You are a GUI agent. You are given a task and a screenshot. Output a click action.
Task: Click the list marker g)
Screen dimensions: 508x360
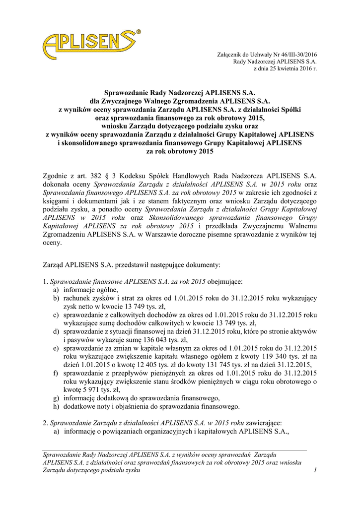(56, 398)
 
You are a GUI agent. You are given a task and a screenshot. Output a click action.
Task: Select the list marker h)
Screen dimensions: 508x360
(56, 406)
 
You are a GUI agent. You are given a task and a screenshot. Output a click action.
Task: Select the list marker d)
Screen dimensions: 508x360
(56, 331)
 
